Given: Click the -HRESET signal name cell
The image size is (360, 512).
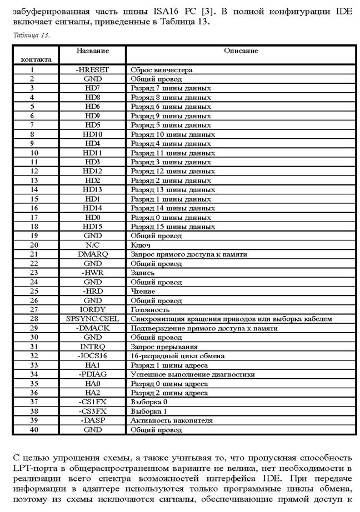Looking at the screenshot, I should point(93,70).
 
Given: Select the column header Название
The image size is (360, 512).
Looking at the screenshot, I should point(93,51).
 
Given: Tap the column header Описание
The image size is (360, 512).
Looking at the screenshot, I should point(241,51).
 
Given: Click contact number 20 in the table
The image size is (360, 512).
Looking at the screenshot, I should point(34,245).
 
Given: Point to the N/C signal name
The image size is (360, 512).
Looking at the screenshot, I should point(93,245).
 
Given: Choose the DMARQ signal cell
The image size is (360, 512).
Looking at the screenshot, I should point(93,254).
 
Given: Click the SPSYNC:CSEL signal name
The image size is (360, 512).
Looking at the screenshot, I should point(93,319).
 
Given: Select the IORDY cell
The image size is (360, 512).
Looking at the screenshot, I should point(93,309).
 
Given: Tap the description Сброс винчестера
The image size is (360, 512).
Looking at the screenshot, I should point(161,70).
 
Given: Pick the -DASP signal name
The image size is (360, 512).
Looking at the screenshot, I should point(93,420).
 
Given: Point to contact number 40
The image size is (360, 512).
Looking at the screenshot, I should point(34,430).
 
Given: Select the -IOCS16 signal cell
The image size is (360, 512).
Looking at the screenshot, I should point(93,355).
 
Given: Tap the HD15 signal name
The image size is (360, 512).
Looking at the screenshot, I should point(93,227).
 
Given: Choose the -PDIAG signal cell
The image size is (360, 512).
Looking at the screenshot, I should point(93,374).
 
